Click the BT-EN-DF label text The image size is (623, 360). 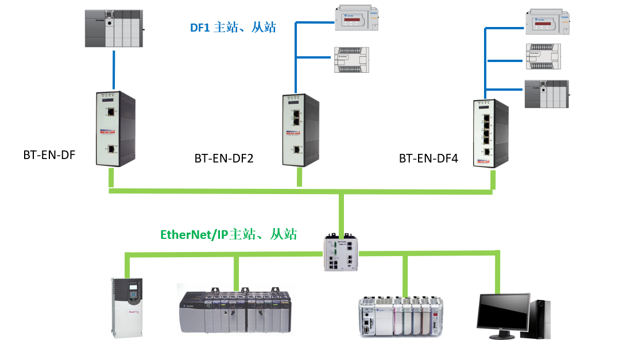coord(49,154)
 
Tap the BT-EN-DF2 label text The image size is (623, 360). coord(224,158)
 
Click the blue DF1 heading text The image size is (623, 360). coord(233,27)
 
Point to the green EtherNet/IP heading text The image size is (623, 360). coord(228,234)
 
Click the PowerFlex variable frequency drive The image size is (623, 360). coord(126,305)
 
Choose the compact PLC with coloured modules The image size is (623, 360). coord(401,315)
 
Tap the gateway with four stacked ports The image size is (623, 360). coord(491,133)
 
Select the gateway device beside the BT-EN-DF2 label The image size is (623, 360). coord(300,129)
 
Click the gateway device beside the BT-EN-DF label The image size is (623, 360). coord(115,129)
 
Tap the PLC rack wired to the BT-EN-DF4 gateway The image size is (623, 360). coord(546,94)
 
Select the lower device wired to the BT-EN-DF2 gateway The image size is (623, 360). coord(350,60)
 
